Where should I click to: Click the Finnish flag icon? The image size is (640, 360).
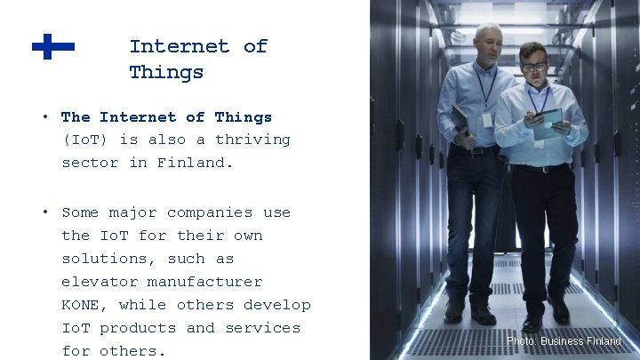pos(53,46)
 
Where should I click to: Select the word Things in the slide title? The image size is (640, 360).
pos(166,72)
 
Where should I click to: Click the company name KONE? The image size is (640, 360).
pos(84,305)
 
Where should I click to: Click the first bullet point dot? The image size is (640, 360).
pos(44,116)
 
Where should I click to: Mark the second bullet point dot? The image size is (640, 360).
pos(44,212)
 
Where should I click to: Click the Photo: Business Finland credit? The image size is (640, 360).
pos(564,341)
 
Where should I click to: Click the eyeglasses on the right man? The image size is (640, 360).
pos(534,67)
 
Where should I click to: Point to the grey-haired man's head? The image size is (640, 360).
pos(487,40)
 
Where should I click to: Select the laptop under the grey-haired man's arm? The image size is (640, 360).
pos(460,120)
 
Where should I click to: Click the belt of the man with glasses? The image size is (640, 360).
pos(539,167)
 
